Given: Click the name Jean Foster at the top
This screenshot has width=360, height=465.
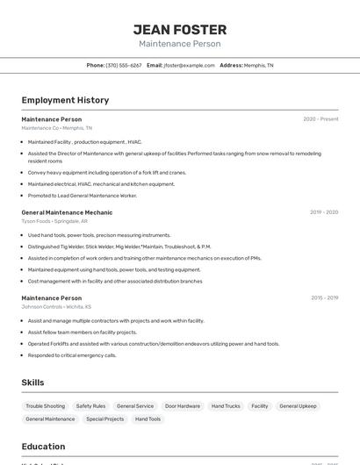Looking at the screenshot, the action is (179, 30).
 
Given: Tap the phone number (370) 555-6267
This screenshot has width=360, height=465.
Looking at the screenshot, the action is (123, 65).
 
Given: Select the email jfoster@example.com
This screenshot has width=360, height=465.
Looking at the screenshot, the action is (189, 65).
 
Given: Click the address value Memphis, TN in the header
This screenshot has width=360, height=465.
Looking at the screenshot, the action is (258, 65).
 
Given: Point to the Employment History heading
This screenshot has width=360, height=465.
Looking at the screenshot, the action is (65, 100).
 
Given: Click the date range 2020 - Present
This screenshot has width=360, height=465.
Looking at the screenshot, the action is (320, 119).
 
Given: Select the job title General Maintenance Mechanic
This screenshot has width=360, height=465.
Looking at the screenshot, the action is (67, 212).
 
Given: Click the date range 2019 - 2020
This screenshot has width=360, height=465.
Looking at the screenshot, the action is (323, 212).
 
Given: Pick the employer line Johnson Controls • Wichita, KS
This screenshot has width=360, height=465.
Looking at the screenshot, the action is (56, 307).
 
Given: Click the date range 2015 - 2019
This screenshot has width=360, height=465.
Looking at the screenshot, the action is (324, 298).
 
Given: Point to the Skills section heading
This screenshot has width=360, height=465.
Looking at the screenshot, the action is (32, 383).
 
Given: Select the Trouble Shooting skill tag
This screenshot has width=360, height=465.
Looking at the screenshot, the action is (45, 406).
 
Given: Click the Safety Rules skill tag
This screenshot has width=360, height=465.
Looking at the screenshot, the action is (90, 406).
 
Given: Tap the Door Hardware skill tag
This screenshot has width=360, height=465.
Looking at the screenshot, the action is (183, 406).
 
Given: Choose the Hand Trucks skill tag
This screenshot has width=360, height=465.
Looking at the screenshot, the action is (226, 406).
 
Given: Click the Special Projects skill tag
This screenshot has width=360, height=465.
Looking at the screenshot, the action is (104, 419).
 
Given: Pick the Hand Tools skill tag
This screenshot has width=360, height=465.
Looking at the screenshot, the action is (148, 419).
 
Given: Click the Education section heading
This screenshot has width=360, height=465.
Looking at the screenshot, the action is (43, 447).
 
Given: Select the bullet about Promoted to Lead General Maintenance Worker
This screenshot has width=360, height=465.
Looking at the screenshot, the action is (83, 196).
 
